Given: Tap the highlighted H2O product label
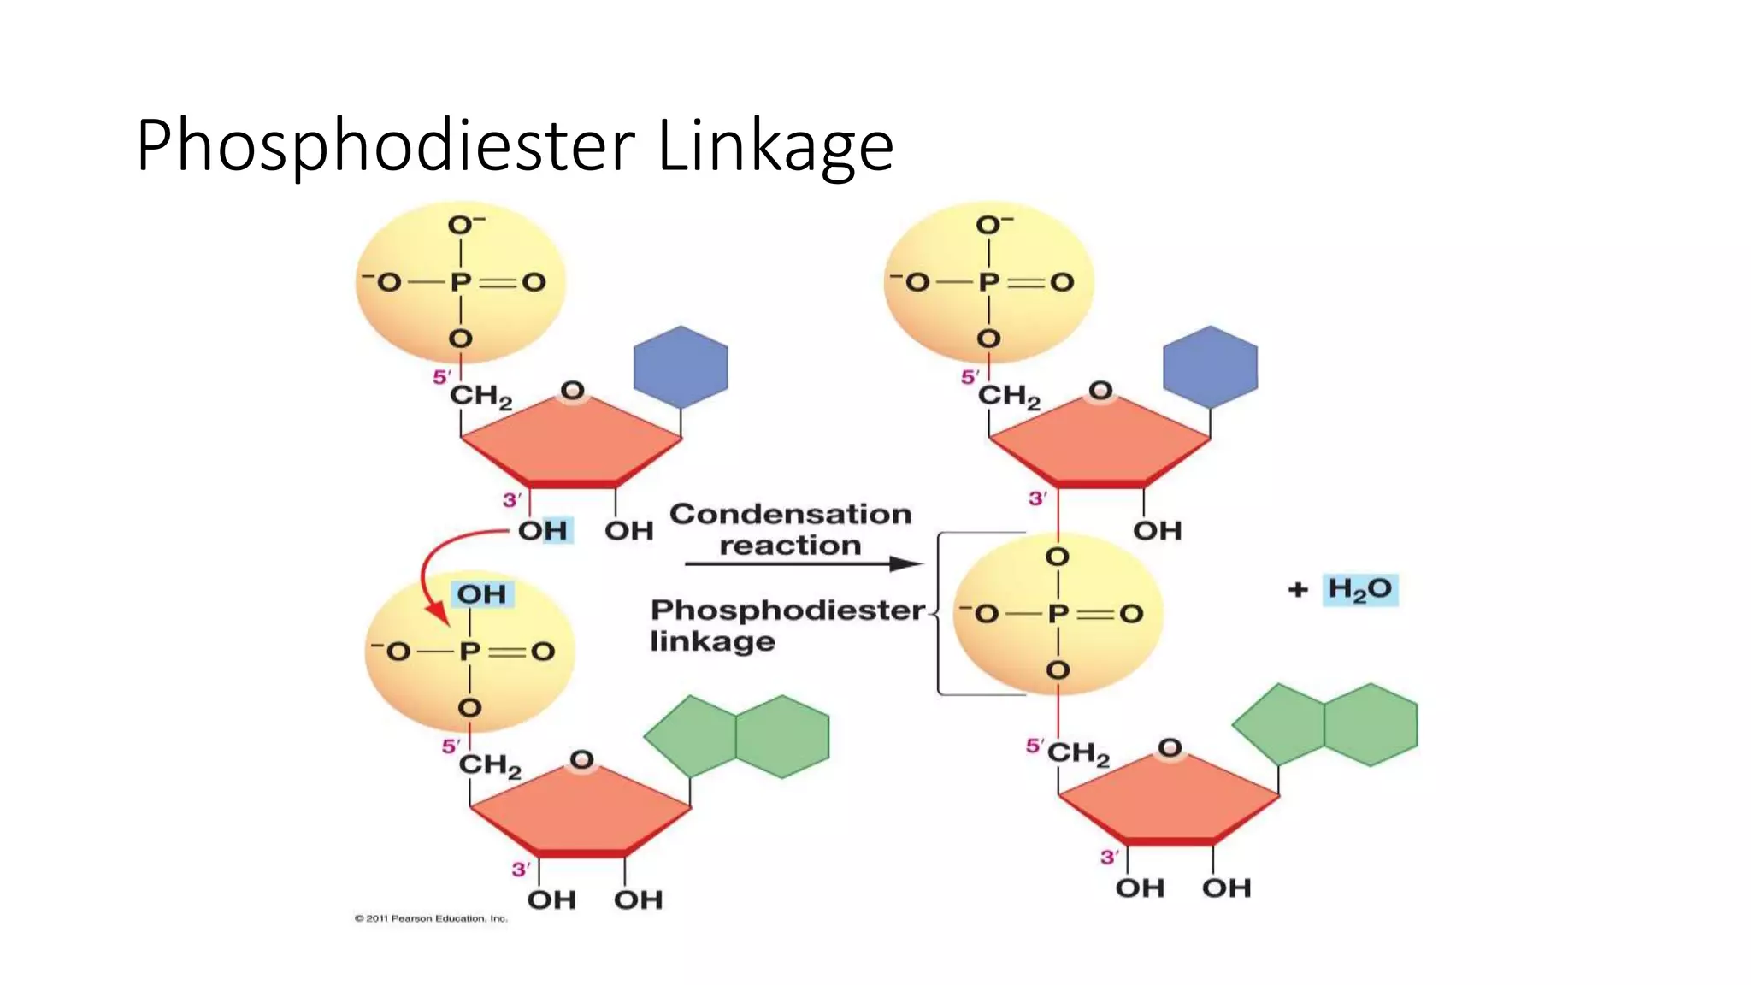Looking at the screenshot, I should coord(1359,589).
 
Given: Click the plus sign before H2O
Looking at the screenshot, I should coord(1298,589).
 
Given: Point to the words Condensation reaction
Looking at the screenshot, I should coord(790,529).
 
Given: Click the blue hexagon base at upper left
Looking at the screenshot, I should coord(681,367).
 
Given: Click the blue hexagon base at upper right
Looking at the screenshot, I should coord(1210,367).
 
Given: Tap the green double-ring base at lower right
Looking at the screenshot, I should coord(1325,725).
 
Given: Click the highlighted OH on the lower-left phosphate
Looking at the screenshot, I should coord(481,594).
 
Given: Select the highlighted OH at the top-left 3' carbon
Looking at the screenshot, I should coord(542,530).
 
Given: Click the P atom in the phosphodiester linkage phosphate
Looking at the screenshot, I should coord(1058,613).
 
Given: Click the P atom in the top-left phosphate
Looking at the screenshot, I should coord(461,282).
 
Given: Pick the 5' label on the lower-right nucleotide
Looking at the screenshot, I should coord(1035,746).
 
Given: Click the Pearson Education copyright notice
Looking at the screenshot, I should coord(431,918).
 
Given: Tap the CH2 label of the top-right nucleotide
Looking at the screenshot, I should coord(1009,396).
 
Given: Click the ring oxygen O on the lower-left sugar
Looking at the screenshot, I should coord(581,759).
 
